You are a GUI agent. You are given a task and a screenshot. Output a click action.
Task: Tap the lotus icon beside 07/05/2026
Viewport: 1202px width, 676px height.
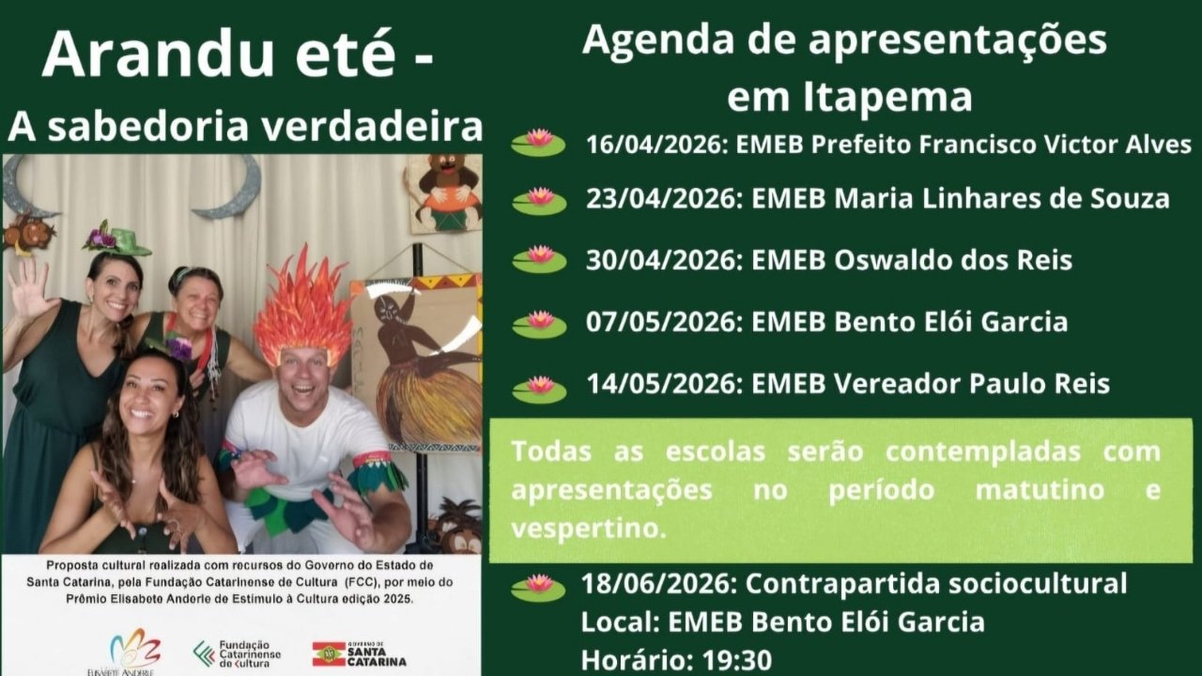(539, 323)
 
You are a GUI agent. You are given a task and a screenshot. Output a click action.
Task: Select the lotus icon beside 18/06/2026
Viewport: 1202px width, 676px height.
(538, 586)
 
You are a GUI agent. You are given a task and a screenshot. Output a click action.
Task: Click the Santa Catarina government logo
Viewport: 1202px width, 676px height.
(360, 653)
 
